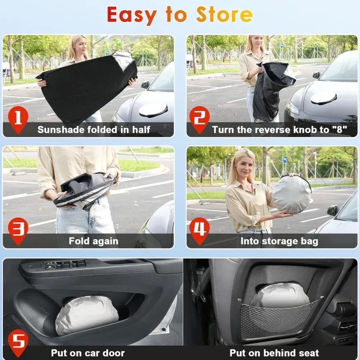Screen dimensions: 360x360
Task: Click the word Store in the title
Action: point(224,15)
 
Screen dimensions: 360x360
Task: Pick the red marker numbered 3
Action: point(18,230)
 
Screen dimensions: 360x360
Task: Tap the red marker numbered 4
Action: point(200,230)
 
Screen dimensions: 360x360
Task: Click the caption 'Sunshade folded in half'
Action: point(94,130)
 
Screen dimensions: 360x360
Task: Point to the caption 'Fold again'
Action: point(93,241)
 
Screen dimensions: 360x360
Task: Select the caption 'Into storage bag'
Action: point(279,241)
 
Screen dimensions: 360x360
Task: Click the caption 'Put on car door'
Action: point(88,353)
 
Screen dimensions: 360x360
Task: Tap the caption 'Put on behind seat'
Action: point(274,353)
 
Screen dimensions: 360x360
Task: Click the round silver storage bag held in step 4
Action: point(292,194)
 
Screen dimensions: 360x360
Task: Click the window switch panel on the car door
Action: point(65,265)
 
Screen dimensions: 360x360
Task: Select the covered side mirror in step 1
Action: point(153,110)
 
